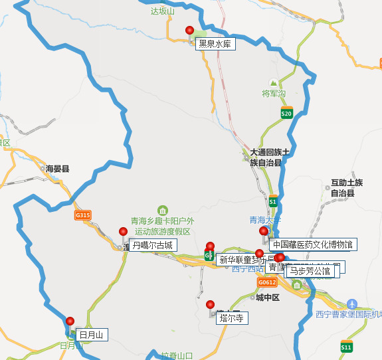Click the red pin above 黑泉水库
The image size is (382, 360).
click(189, 31)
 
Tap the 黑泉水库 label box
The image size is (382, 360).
click(215, 45)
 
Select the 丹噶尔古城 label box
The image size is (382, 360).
click(152, 245)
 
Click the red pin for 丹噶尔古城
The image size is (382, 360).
click(123, 232)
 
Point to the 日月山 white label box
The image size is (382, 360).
click(91, 334)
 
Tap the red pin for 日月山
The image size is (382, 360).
click(70, 321)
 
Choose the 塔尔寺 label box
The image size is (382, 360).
click(231, 318)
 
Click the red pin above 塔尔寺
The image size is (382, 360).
click(211, 304)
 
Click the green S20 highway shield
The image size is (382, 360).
click(286, 114)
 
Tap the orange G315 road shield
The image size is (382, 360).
click(82, 215)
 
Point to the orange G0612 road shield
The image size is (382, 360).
click(266, 282)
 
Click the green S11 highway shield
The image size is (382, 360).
click(346, 347)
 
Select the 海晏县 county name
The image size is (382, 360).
click(58, 169)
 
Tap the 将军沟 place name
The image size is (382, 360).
click(274, 93)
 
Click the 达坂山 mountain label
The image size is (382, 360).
click(162, 11)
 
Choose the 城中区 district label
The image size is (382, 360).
click(268, 298)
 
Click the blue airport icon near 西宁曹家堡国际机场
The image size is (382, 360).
click(352, 303)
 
